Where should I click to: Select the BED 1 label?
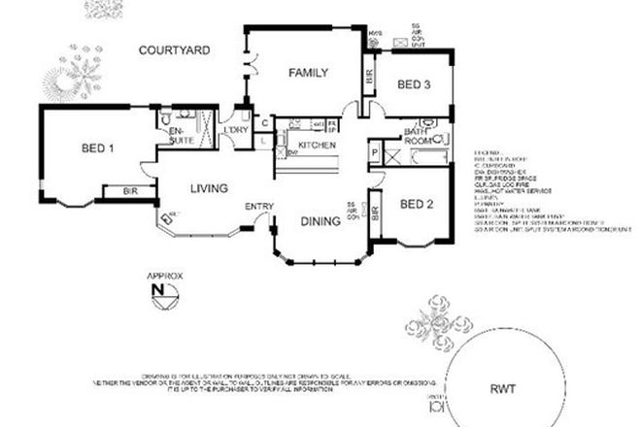[97, 148]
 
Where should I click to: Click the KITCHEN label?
[317, 146]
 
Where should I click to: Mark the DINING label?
[320, 221]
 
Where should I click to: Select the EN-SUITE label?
[181, 136]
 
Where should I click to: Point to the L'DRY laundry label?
[236, 131]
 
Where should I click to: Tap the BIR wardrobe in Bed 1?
[129, 191]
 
